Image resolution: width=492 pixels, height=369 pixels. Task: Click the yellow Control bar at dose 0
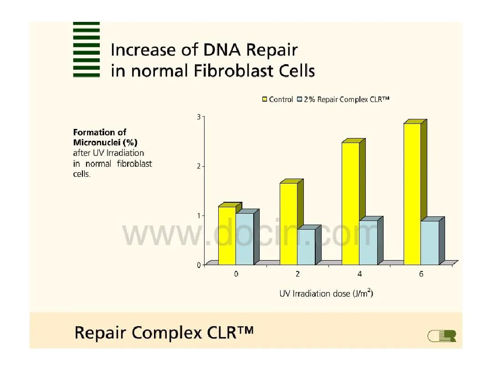tap(227, 236)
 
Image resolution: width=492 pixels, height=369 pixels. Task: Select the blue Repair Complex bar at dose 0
tap(245, 239)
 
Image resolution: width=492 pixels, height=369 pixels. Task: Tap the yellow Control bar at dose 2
tap(289, 224)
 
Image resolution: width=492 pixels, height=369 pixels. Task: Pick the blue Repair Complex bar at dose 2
tap(307, 247)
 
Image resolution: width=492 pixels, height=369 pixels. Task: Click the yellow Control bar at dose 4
tap(350, 204)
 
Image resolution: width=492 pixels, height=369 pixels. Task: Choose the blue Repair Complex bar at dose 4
tap(369, 242)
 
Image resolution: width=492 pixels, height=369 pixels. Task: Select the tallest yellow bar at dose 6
tap(412, 194)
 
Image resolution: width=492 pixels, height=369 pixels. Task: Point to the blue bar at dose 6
tap(430, 243)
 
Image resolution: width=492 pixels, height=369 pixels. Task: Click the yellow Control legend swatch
tap(265, 99)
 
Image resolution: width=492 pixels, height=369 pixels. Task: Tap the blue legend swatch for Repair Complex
tap(300, 99)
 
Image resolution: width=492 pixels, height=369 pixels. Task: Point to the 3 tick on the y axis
tap(199, 117)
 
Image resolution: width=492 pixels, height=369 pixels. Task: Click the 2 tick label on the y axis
tap(199, 166)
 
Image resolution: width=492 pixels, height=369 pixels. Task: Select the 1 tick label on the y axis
tap(199, 215)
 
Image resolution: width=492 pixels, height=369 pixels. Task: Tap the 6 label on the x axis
tap(421, 274)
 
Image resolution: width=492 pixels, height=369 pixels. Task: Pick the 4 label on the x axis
tap(359, 274)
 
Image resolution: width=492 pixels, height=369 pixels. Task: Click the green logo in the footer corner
tap(442, 336)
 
